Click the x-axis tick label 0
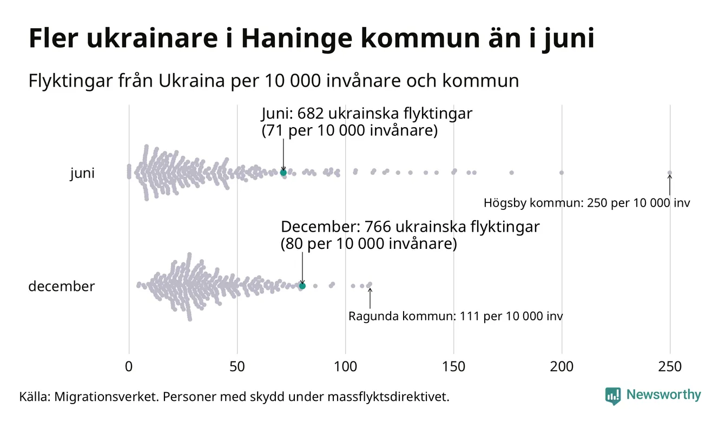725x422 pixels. (129, 367)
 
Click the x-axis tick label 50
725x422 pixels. (237, 367)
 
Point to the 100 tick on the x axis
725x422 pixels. (345, 367)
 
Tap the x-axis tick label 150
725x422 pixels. (453, 367)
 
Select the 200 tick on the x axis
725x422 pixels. (562, 367)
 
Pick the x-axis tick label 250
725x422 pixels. (670, 367)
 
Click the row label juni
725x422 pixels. (82, 174)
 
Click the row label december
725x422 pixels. (61, 286)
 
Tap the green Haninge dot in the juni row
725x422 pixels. (283, 173)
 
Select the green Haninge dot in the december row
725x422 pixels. (302, 286)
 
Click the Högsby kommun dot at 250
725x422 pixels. (670, 173)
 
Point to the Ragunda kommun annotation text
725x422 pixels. (455, 316)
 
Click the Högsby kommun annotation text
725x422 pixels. (586, 204)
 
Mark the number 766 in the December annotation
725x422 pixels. (380, 227)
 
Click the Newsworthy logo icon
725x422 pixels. (613, 396)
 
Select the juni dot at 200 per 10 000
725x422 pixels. (562, 173)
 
